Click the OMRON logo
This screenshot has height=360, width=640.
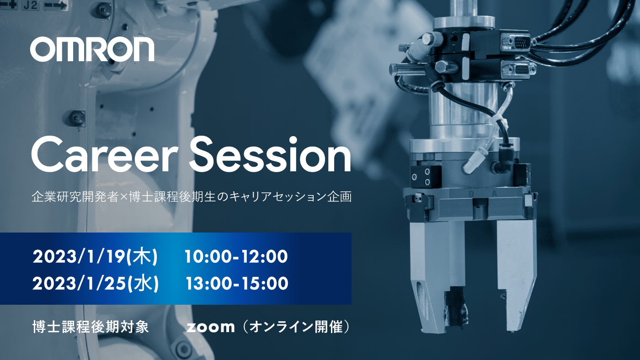point(92,49)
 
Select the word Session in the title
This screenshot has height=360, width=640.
point(270,154)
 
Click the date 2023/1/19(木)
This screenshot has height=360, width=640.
point(95,256)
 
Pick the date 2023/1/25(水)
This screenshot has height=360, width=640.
point(96,283)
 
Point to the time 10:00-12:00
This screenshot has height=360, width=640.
point(236,256)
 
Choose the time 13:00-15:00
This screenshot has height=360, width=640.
point(237,283)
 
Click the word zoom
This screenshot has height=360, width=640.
point(211,327)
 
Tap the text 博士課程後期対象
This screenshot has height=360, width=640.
point(91,327)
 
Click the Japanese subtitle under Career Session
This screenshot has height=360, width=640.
point(192,197)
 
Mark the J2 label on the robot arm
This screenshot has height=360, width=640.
point(30,5)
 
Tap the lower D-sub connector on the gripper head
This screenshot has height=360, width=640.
point(518,69)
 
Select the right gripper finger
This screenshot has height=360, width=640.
point(516,274)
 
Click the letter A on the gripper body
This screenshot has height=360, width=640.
point(494,194)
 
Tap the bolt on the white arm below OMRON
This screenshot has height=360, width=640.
point(77,118)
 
